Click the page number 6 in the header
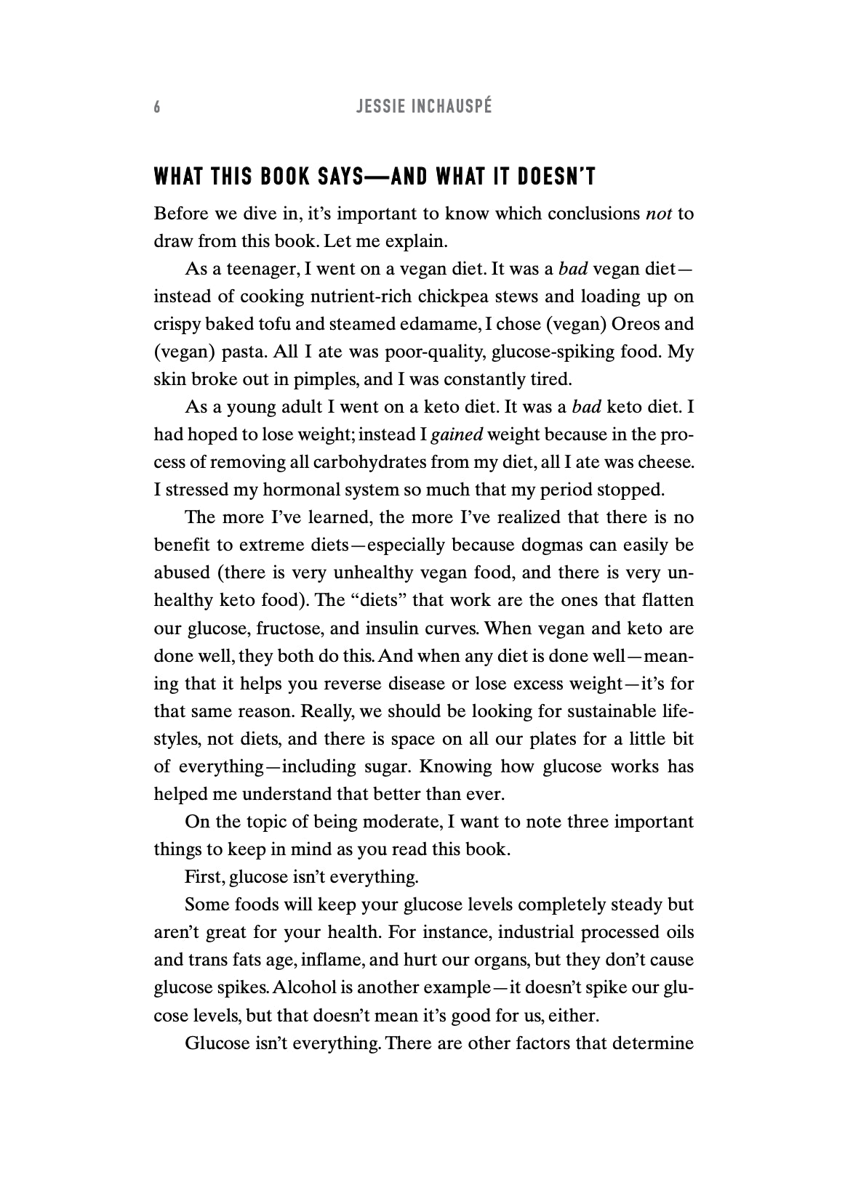coord(157,108)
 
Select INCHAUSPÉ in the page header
coord(452,108)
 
